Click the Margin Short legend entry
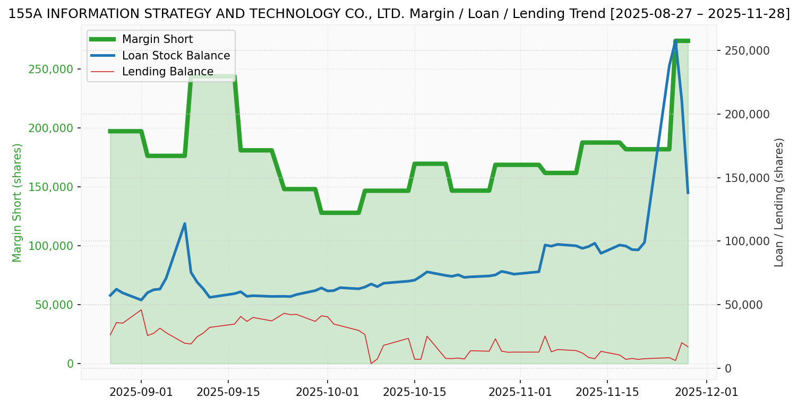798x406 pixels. point(157,39)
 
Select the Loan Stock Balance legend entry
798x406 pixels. point(176,56)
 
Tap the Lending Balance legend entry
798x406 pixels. point(168,72)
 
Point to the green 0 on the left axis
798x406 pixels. point(70,364)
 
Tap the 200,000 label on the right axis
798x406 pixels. point(747,115)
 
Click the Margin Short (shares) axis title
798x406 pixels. point(18,202)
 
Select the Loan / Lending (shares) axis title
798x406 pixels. point(779,202)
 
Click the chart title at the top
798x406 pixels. point(399,14)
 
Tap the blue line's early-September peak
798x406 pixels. point(185,223)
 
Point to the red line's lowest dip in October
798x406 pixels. point(371,364)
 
